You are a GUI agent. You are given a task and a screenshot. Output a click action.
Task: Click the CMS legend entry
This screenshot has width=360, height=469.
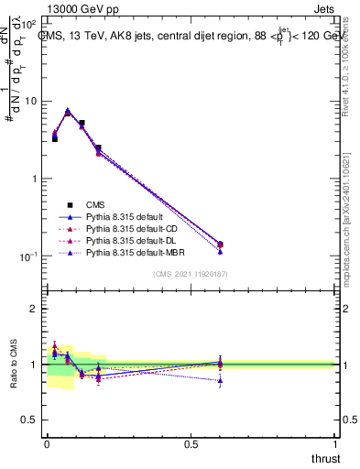click(95, 205)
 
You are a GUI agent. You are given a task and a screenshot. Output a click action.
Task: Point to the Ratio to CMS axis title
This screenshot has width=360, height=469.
click(14, 365)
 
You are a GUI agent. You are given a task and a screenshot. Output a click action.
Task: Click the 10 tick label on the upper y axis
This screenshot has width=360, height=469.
click(29, 101)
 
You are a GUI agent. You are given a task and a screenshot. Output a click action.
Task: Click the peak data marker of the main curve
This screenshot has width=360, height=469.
click(68, 112)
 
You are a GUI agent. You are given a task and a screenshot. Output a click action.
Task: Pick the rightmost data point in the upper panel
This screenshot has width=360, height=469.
click(220, 245)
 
